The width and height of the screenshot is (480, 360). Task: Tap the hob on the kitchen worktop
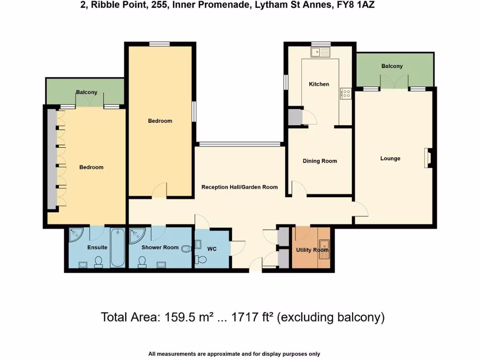346,94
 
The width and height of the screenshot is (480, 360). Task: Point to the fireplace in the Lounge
427,158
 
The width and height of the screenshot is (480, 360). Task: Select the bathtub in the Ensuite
118,247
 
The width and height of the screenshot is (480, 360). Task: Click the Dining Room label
320,161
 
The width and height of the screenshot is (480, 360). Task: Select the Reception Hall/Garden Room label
239,187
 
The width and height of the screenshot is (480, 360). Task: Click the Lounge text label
390,158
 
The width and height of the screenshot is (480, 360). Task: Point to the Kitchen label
319,84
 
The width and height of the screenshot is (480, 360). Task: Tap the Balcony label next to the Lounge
392,67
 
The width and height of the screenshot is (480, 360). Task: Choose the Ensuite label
97,247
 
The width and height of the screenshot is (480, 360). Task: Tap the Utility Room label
312,250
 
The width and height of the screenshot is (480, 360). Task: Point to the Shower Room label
160,247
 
